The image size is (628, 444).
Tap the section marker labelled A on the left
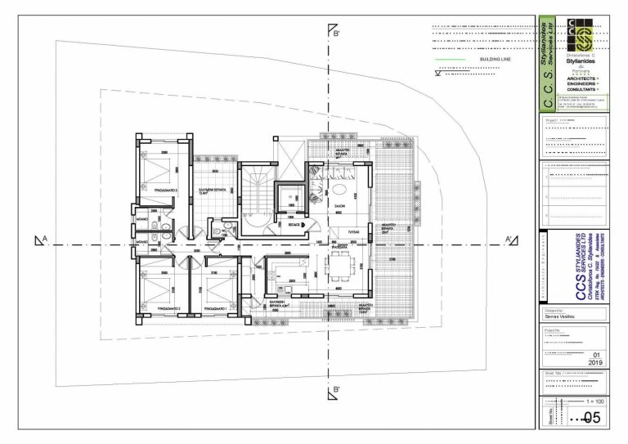tap(40, 240)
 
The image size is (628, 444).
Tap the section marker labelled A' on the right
tap(510, 240)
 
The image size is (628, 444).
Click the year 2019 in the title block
tap(596, 361)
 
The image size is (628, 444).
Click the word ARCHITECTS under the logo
tap(577, 78)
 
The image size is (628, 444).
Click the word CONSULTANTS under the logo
tap(577, 89)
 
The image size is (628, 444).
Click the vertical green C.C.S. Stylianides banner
tap(547, 61)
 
